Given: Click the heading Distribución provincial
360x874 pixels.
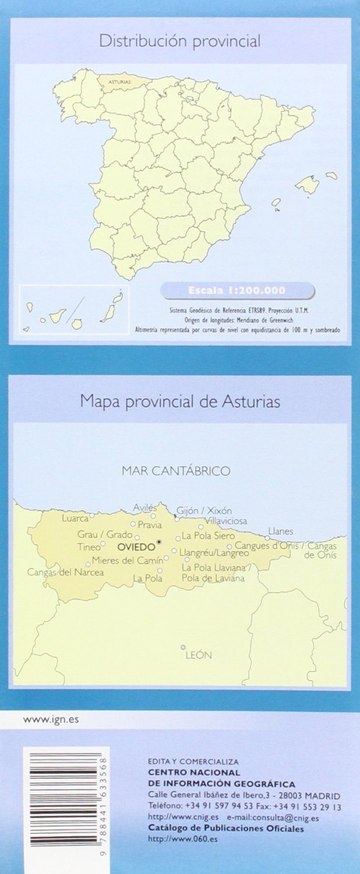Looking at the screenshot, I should click(x=179, y=41).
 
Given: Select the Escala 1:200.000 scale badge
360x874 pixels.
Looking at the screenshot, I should click(x=237, y=290).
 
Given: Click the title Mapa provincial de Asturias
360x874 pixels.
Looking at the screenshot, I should click(x=180, y=401).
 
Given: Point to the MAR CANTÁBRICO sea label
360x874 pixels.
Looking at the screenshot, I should click(x=176, y=471).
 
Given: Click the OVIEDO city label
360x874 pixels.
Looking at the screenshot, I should click(x=136, y=547).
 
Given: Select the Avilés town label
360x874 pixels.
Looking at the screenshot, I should click(x=145, y=507).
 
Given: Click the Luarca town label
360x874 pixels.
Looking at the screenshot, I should click(x=75, y=517).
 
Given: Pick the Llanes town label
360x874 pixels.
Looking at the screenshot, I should click(x=280, y=531).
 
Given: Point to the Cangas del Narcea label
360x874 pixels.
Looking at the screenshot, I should click(x=65, y=572).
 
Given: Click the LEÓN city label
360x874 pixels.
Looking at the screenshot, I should click(x=198, y=655).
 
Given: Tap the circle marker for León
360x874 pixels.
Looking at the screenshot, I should click(x=183, y=647).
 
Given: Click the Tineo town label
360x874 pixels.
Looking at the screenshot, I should click(x=89, y=547).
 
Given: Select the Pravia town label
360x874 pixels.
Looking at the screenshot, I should click(x=150, y=525).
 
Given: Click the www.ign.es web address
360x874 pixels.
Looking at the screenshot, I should click(x=51, y=720).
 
